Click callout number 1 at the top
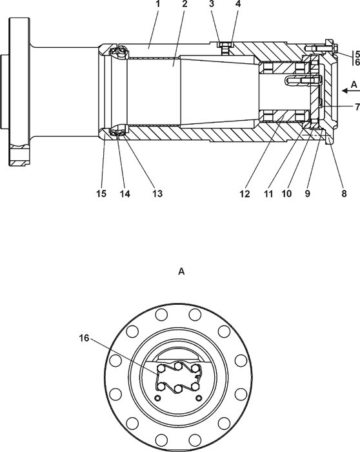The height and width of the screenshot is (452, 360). (x=157, y=4)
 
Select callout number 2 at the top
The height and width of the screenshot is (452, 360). (x=185, y=4)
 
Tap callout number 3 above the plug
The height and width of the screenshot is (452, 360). (x=212, y=4)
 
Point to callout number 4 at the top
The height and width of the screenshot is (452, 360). (x=237, y=4)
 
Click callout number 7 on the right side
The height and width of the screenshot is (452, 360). (x=357, y=107)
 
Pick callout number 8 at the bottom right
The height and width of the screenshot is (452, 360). (x=344, y=194)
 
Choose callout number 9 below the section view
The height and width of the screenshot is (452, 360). (x=307, y=194)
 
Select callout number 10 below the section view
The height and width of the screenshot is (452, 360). (x=286, y=194)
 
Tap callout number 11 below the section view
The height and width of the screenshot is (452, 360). (x=268, y=194)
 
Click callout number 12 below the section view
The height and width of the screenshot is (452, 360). (x=245, y=194)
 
